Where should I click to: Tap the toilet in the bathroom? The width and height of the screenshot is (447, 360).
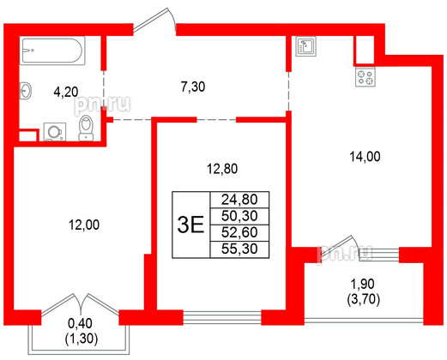85,129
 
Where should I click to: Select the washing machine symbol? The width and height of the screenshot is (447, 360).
54,132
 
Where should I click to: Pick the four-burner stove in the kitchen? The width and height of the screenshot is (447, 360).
365,78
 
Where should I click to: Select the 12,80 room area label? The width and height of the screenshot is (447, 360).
222,168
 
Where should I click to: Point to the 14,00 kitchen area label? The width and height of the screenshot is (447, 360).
364,157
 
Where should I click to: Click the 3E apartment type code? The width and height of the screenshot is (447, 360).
190,225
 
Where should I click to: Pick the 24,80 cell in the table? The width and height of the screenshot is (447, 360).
233,199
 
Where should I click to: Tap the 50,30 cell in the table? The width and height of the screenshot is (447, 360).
233,215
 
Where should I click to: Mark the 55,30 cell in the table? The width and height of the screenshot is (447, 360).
233,248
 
